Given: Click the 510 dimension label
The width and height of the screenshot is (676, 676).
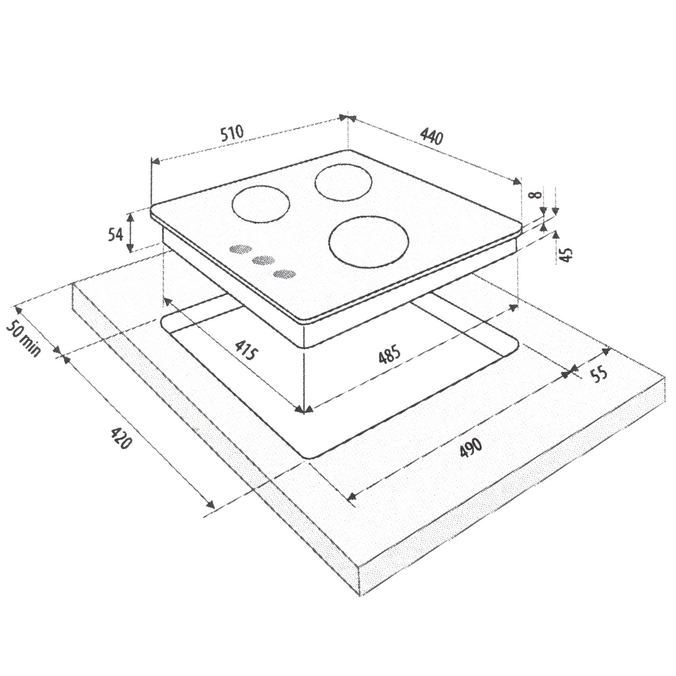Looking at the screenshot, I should click(232, 133).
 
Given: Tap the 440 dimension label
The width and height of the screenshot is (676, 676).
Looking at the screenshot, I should click(431, 136).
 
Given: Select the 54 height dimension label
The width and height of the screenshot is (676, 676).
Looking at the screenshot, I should click(116, 234).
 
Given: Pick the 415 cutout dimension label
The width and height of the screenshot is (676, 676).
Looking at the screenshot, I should click(246, 350).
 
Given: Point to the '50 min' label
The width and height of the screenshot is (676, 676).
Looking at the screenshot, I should click(24, 339).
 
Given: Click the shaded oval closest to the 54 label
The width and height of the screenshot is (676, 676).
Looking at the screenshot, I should click(240, 249).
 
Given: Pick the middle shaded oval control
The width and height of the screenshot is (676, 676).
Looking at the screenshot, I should click(263, 260).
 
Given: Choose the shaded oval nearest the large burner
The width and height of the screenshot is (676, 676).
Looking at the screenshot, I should click(285, 274).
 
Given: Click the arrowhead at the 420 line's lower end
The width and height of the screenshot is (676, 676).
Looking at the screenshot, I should click(210, 504).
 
